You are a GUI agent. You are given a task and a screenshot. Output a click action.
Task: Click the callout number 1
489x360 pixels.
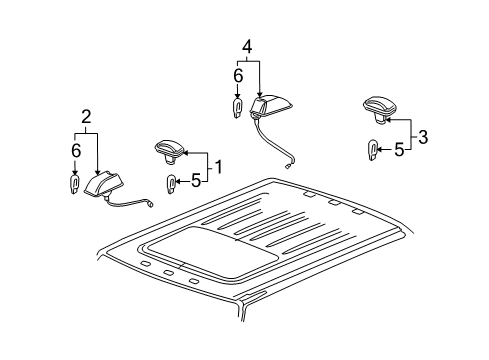(218, 167)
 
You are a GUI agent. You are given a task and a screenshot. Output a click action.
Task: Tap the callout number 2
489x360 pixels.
(86, 117)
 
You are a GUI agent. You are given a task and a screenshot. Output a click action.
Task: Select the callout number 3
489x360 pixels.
(423, 137)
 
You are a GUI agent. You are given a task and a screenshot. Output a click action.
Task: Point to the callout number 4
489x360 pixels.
(247, 47)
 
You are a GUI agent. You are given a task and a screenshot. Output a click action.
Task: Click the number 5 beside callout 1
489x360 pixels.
(196, 181)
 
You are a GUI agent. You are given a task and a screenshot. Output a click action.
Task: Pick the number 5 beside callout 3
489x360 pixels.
(399, 150)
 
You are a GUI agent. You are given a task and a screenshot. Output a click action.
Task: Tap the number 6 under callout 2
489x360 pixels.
(76, 151)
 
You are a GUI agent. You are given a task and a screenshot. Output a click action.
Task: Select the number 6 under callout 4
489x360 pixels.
(238, 76)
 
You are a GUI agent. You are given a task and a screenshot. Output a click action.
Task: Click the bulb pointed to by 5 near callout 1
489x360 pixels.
(171, 184)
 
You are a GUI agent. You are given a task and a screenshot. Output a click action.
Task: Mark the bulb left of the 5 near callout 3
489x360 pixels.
(372, 150)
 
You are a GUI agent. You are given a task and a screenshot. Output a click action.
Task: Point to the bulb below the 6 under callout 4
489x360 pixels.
(237, 108)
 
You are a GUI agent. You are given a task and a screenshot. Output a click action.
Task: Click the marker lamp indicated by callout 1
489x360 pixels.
(169, 152)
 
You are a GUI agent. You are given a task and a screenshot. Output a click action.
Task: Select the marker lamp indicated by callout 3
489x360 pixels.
(380, 109)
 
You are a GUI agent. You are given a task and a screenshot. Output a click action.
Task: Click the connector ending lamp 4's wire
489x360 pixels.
(287, 167)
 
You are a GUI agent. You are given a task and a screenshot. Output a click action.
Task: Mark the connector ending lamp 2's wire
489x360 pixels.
(151, 204)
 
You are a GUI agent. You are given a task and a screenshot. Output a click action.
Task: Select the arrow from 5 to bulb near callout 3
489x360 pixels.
(385, 150)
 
